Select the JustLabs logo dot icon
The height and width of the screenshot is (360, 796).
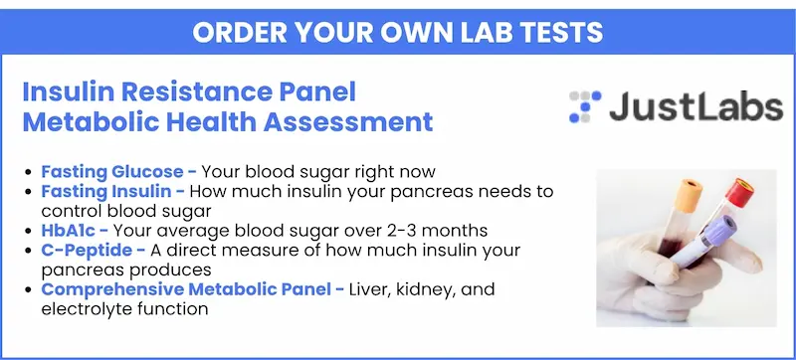point(585,107)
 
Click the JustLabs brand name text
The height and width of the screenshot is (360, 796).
point(696,106)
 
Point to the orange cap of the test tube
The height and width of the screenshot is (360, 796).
point(690,196)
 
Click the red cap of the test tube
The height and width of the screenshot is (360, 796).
point(739,192)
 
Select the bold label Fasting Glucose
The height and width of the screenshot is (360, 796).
point(112,172)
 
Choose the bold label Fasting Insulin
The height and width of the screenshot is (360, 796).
point(106,191)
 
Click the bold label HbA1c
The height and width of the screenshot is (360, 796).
point(68,231)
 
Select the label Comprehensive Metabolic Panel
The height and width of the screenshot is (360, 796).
point(187,289)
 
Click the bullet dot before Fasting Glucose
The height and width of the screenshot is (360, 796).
point(28,172)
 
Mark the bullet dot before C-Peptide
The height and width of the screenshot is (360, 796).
point(28,251)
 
